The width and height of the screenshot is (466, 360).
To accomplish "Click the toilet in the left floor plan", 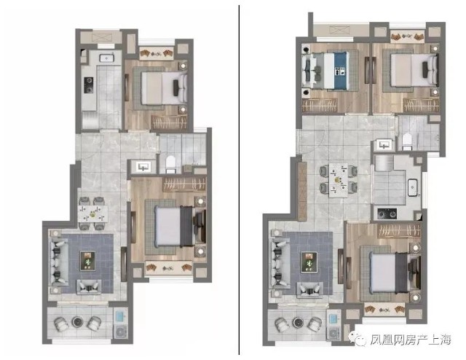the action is tap(170, 164).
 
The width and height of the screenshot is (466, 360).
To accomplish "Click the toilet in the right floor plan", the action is tap(406, 141).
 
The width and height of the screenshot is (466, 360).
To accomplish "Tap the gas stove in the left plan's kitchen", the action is tap(89, 85).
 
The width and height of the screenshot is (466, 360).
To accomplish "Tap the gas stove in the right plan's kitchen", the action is tap(387, 213).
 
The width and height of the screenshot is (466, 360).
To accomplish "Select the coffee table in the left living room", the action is tap(87, 261).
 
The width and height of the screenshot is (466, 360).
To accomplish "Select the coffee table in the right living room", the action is tap(309, 262).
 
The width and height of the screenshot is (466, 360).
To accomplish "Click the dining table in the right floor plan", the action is tap(338, 180).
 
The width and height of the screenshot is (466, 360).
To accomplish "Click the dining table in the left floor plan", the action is tap(92, 214).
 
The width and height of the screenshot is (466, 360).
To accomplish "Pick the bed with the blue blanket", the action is tap(325, 71).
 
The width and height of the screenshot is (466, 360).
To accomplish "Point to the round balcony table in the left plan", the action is tap(78, 321).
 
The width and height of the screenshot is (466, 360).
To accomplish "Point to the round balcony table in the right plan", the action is tap(298, 322).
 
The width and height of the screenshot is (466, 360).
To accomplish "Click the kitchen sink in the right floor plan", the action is tap(413, 187).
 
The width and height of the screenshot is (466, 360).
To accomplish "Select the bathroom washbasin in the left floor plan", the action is tap(143, 167).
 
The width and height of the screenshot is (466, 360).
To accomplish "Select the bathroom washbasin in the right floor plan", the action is tap(384, 145).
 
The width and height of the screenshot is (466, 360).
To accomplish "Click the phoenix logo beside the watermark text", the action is tap(358, 339).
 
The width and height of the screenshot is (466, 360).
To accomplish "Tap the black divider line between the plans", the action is tap(239, 180).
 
